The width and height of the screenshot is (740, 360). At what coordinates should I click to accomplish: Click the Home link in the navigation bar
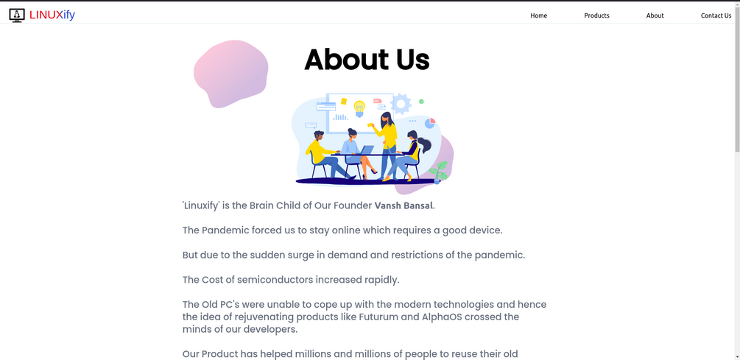click(538, 15)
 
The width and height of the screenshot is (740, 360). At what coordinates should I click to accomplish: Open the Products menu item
click(596, 15)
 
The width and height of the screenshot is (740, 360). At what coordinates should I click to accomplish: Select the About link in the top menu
click(655, 15)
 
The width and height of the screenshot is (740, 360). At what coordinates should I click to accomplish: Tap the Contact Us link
click(716, 15)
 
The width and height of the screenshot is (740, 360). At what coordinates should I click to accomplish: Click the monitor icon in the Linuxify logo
click(17, 15)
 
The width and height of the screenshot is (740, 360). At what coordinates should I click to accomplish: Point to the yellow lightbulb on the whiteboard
click(359, 108)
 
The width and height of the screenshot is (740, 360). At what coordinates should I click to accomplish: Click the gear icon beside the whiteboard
click(401, 104)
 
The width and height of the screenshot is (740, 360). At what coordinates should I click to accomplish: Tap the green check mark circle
click(421, 102)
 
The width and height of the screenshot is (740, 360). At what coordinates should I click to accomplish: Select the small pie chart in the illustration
click(430, 123)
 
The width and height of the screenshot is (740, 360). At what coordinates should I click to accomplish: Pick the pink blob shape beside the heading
click(230, 74)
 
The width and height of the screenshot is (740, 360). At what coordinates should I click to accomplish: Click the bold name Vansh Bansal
click(404, 205)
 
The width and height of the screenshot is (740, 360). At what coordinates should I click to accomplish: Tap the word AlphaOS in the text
click(440, 317)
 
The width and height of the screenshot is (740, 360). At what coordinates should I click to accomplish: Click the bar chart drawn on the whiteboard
click(340, 116)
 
